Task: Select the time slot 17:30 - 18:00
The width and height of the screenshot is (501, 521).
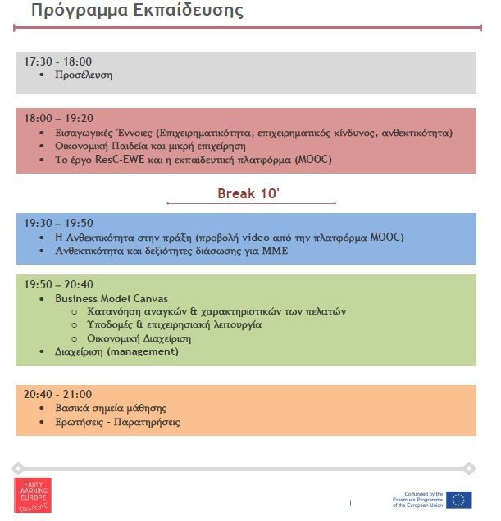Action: click(57, 61)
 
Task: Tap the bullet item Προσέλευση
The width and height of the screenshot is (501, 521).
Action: click(84, 75)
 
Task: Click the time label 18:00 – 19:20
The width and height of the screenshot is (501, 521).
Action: click(58, 118)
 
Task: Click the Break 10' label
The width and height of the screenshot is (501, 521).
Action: click(250, 193)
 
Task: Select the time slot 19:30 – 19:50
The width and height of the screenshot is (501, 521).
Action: click(58, 223)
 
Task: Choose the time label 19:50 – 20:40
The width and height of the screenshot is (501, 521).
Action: click(58, 284)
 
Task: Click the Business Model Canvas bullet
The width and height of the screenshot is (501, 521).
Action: click(112, 298)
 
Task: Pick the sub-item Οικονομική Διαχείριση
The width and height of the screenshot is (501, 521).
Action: click(139, 338)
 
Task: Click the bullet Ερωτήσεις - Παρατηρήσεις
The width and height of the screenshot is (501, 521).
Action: click(117, 422)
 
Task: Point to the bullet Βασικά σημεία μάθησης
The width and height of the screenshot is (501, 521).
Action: click(111, 408)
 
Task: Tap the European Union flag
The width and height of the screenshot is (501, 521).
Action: click(459, 500)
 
